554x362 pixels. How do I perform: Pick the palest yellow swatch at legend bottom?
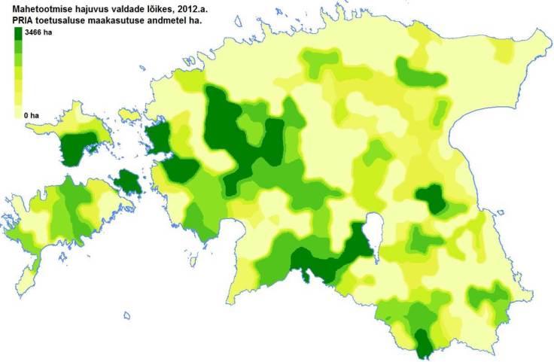tap(19, 113)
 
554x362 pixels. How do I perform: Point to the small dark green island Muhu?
tap(129, 181)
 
